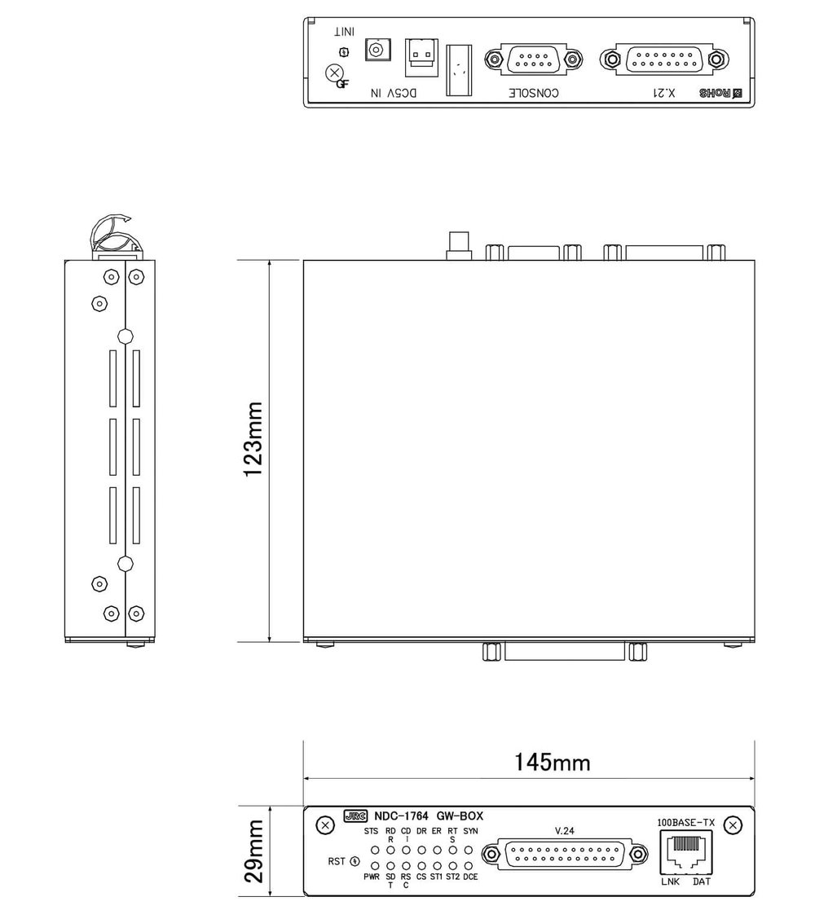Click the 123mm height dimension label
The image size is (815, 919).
tap(254, 451)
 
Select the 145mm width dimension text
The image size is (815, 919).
tap(552, 763)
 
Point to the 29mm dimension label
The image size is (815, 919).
tap(254, 851)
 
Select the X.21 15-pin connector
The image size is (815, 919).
tap(661, 59)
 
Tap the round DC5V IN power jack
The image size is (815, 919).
tap(376, 50)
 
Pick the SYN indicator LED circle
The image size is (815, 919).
tap(469, 850)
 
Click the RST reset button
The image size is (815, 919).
tap(355, 861)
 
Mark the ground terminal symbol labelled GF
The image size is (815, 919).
tap(334, 73)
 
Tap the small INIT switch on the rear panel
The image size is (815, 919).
tap(343, 52)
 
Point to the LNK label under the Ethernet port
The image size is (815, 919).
tap(669, 882)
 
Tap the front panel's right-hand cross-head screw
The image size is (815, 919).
tap(733, 825)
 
